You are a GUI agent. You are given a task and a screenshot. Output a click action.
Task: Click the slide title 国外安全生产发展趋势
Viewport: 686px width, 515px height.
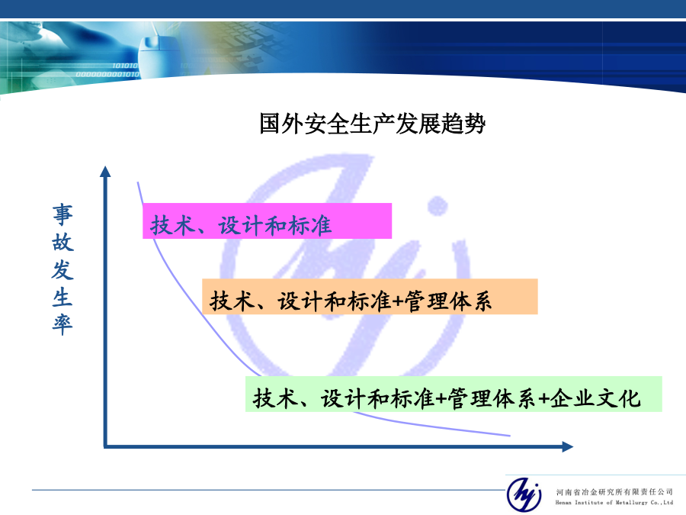pyautogui.click(x=372, y=124)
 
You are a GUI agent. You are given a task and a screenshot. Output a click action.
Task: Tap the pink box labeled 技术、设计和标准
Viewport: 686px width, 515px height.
pyautogui.click(x=267, y=220)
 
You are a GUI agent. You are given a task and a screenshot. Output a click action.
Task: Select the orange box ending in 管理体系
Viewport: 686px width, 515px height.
pyautogui.click(x=370, y=297)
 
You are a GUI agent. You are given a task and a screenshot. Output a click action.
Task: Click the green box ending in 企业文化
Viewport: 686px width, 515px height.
pyautogui.click(x=454, y=394)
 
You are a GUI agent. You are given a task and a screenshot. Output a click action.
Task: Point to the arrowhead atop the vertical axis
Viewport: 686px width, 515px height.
pyautogui.click(x=105, y=171)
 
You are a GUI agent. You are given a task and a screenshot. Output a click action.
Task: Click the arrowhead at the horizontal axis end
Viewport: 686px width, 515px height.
pyautogui.click(x=567, y=446)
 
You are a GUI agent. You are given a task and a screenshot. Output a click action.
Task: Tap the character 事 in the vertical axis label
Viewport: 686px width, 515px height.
pyautogui.click(x=63, y=214)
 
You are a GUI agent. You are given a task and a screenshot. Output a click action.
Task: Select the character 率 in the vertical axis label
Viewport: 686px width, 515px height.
pyautogui.click(x=63, y=324)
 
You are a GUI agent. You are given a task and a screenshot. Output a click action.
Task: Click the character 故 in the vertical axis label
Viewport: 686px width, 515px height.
pyautogui.click(x=63, y=242)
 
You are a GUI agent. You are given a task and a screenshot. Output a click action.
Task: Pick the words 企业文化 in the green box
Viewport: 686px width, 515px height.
pyautogui.click(x=595, y=398)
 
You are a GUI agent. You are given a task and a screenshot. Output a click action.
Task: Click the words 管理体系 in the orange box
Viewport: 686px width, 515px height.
pyautogui.click(x=448, y=301)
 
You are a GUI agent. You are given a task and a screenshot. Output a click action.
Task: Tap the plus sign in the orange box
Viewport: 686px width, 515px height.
pyautogui.click(x=397, y=301)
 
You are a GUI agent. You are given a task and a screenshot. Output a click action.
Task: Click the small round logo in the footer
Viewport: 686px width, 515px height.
pyautogui.click(x=524, y=494)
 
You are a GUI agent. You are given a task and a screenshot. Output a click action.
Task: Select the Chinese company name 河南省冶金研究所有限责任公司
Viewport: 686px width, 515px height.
pyautogui.click(x=614, y=492)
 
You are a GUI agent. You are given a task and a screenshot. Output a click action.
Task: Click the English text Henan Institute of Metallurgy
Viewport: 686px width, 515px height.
pyautogui.click(x=601, y=503)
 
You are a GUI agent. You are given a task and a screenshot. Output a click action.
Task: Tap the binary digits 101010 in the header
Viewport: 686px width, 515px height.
pyautogui.click(x=125, y=66)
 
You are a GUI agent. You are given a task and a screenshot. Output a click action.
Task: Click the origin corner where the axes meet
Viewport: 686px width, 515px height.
pyautogui.click(x=105, y=446)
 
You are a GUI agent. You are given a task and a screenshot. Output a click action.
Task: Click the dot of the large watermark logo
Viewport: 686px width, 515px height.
pyautogui.click(x=437, y=206)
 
